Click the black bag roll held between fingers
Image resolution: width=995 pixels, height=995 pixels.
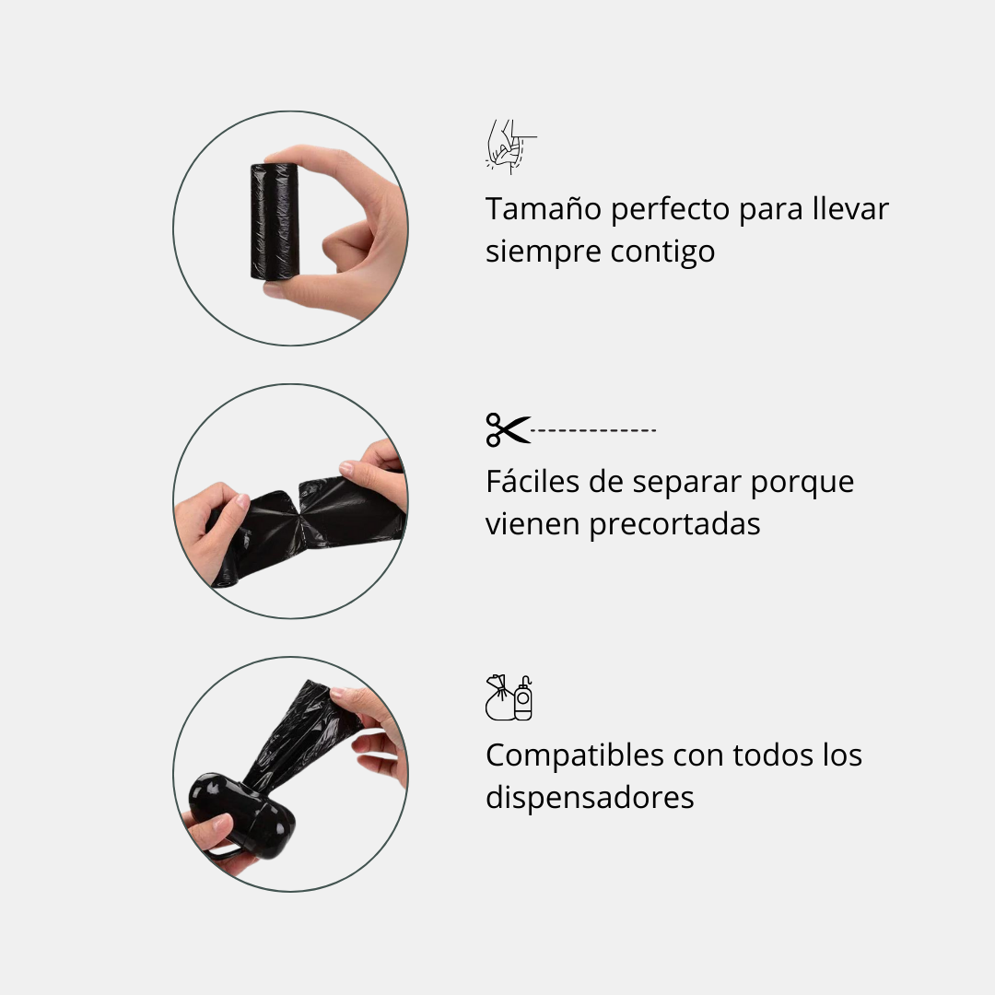pyautogui.click(x=274, y=221)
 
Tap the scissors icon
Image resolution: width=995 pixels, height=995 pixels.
pyautogui.click(x=508, y=429)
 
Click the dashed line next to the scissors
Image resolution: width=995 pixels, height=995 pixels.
pyautogui.click(x=594, y=430)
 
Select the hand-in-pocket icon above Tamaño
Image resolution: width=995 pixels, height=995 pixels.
pyautogui.click(x=509, y=146)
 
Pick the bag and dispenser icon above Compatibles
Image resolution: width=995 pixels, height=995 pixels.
pyautogui.click(x=509, y=697)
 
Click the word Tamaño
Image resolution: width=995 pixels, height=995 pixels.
pyautogui.click(x=544, y=209)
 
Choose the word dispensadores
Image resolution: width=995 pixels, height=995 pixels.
pyautogui.click(x=590, y=797)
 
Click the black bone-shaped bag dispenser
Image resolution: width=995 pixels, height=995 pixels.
pyautogui.click(x=237, y=813)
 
